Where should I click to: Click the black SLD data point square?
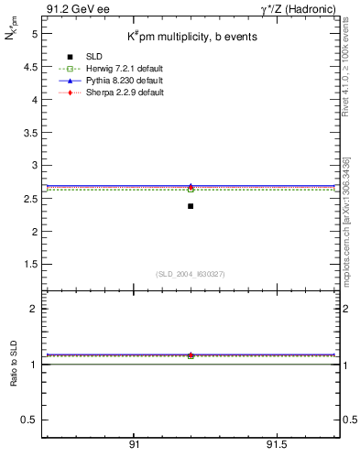[x=191, y=206]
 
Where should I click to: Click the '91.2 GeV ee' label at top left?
[x=71, y=8]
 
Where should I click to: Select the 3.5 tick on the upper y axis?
[x=29, y=133]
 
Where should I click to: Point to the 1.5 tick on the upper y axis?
[x=29, y=265]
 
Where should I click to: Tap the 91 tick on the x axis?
[x=134, y=444]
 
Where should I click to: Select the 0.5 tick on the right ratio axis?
[x=346, y=420]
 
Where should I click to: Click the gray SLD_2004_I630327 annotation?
[x=191, y=274]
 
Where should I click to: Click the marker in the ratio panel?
[x=191, y=355]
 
